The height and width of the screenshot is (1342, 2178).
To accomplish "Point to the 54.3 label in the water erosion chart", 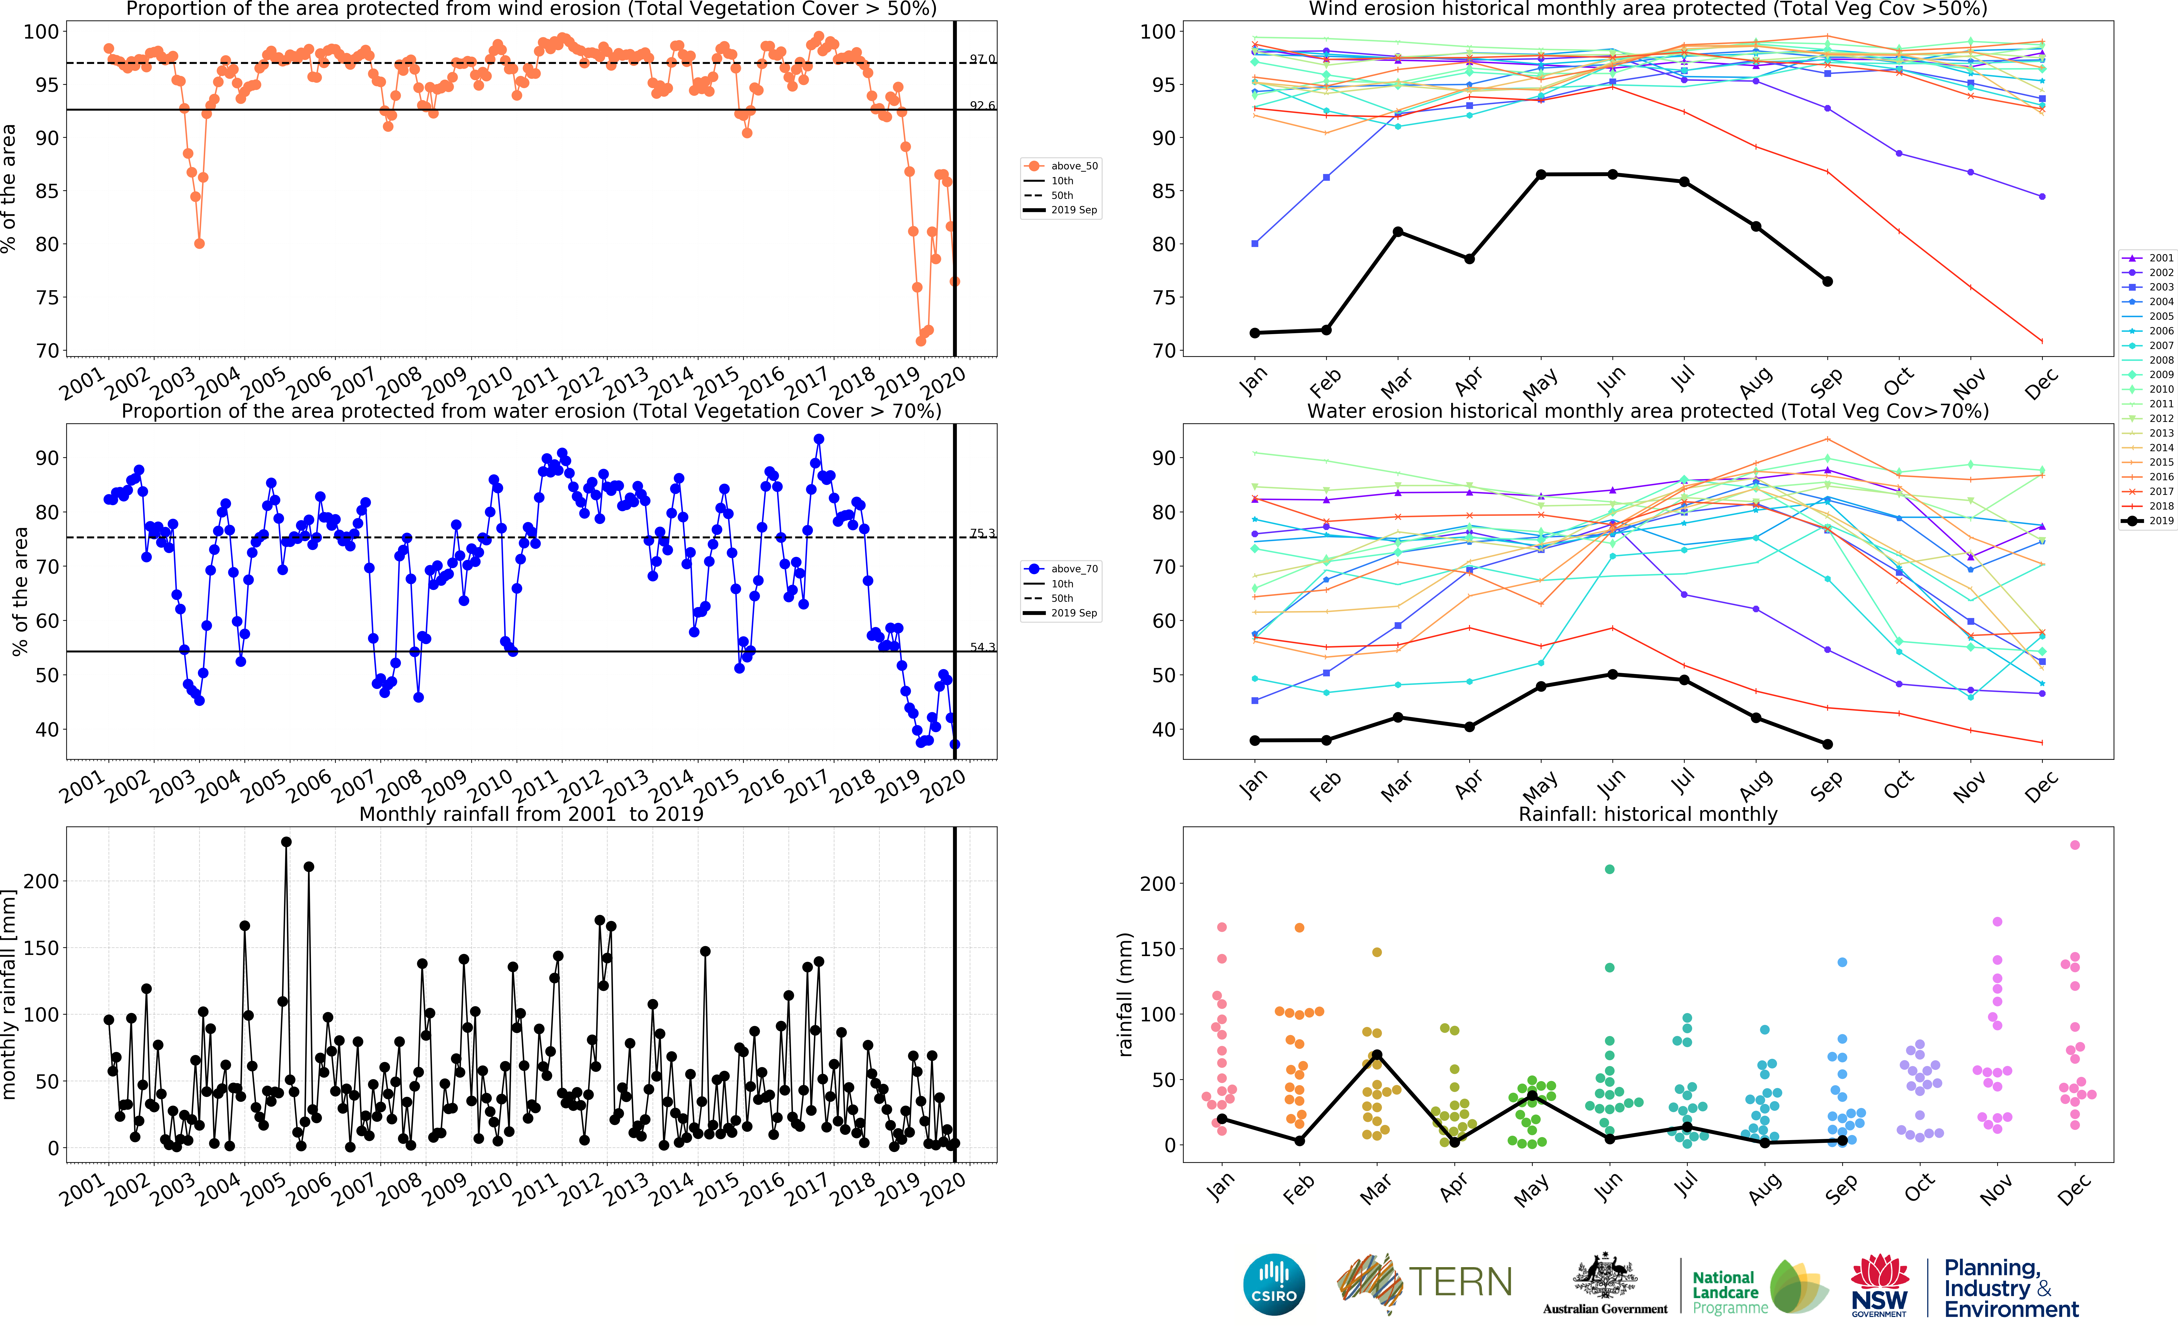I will point(982,647).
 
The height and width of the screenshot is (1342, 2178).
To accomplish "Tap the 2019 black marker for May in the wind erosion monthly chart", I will point(1541,175).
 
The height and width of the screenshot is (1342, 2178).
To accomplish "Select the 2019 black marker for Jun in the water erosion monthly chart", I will point(1613,674).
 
